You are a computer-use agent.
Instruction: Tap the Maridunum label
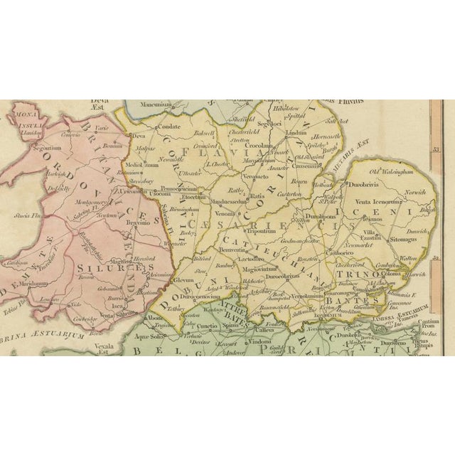pyautogui.click(x=34, y=283)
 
